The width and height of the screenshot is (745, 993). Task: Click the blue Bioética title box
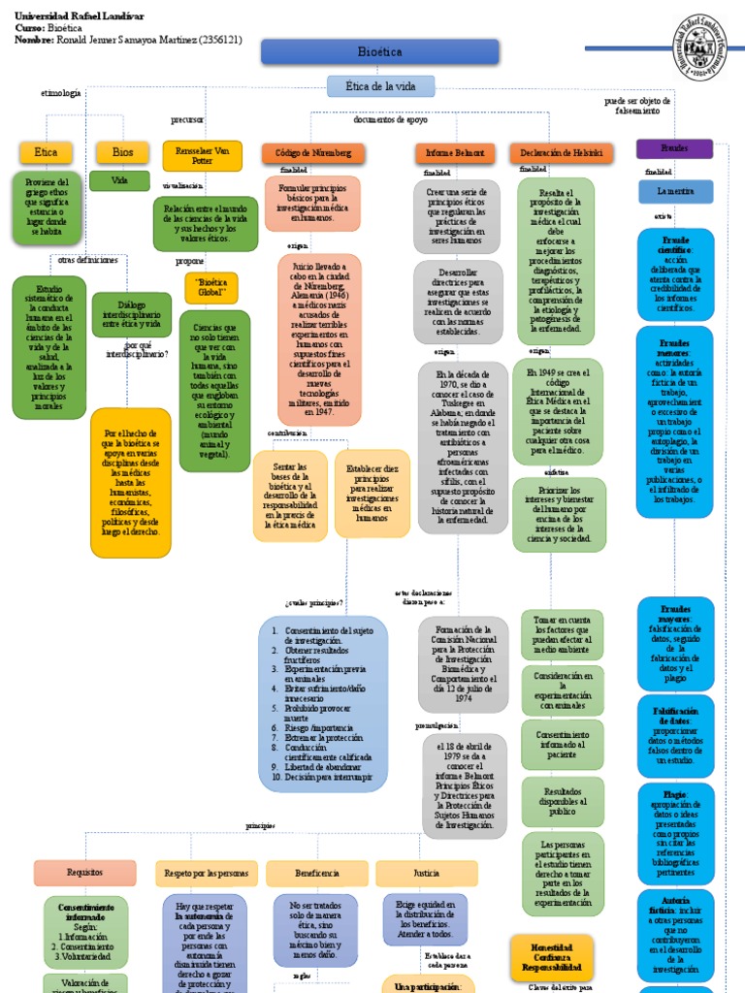coord(379,52)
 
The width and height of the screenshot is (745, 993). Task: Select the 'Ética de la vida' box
coord(379,86)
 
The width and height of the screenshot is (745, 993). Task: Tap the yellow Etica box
coord(46,152)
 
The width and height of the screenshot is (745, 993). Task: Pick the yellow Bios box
coord(122,152)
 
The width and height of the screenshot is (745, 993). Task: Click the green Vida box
coord(119,180)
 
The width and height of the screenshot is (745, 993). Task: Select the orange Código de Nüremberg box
coord(312,153)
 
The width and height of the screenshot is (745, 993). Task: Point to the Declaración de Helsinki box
coord(560,153)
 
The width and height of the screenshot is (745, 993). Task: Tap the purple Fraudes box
coord(674,149)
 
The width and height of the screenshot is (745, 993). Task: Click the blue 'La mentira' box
coord(674,192)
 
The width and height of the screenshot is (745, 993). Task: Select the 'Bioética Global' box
coord(211,287)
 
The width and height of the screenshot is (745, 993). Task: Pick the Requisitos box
coord(84,873)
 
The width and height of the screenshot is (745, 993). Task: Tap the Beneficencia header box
coord(316,873)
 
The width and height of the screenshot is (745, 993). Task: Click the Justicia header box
coord(426,873)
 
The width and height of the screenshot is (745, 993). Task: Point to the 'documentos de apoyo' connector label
coord(390,120)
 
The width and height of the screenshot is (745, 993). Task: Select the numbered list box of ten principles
coord(323,702)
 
